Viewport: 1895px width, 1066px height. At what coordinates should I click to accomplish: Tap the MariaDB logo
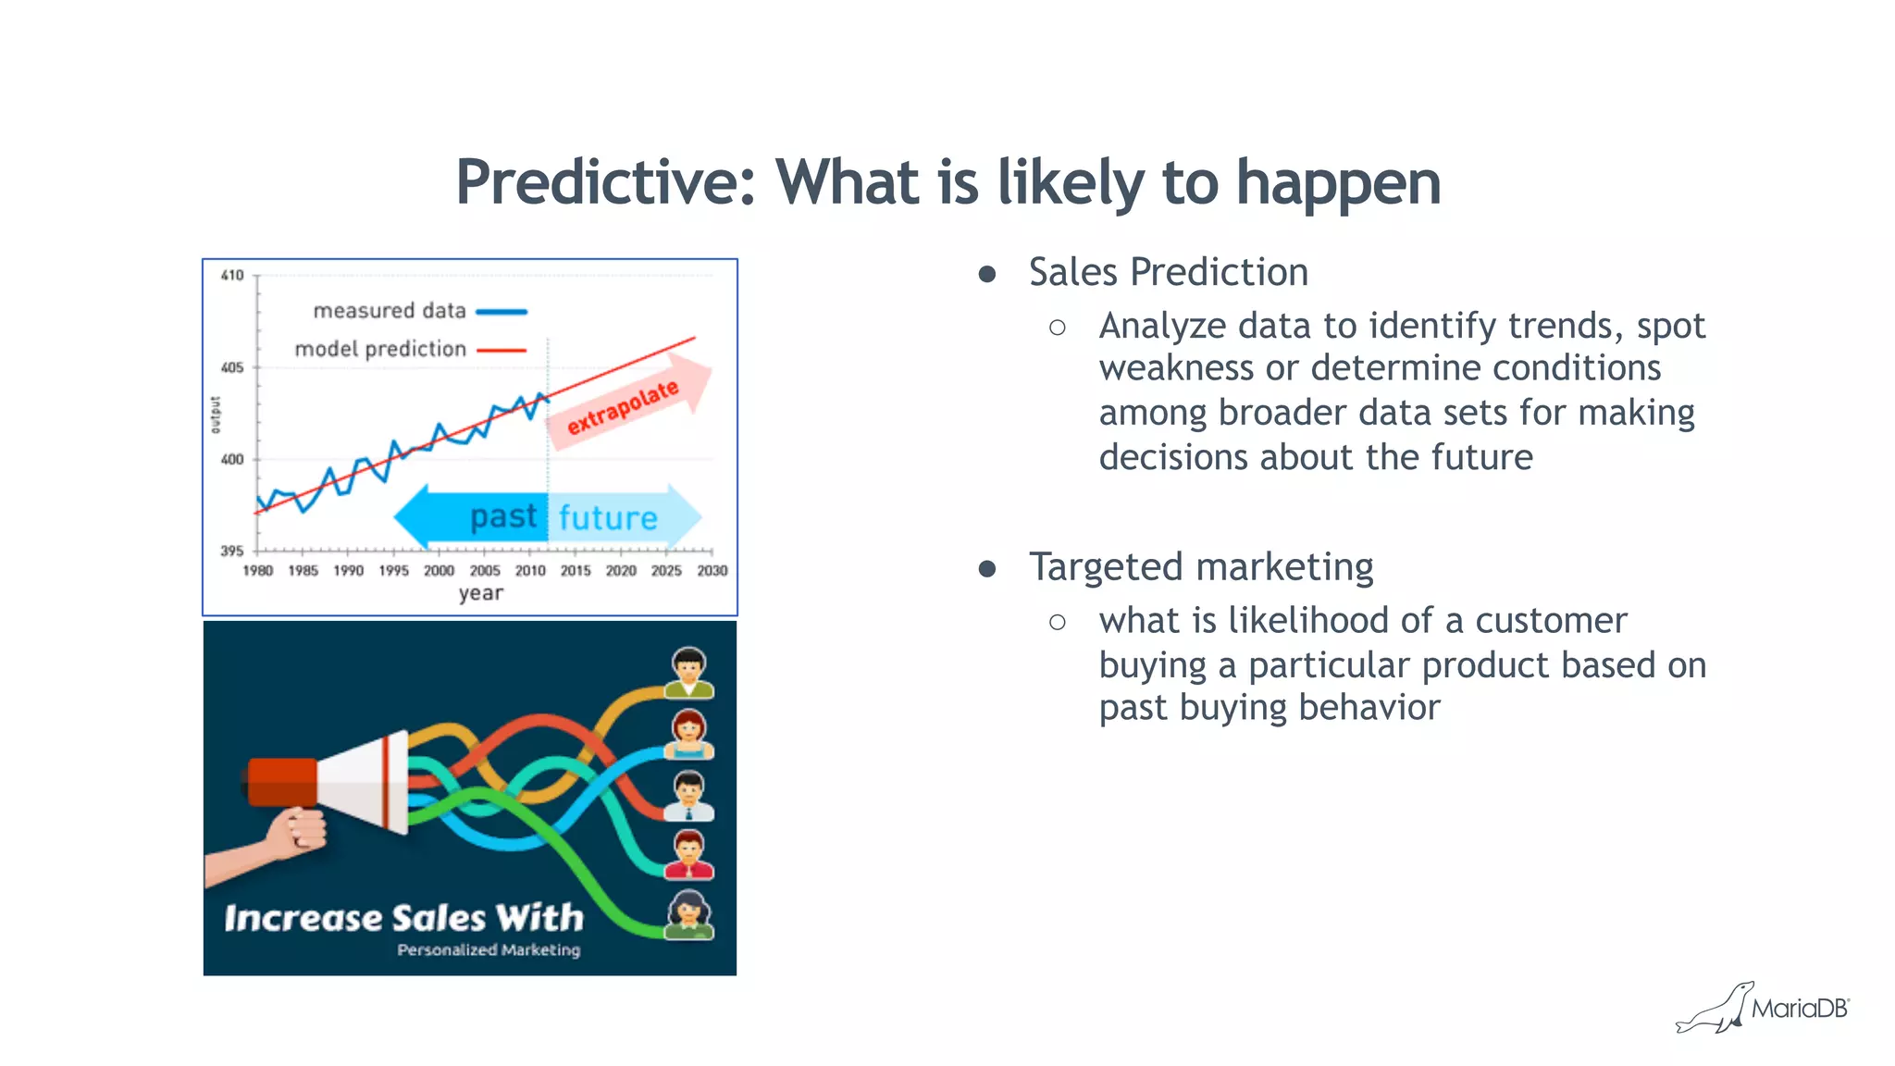[x=1764, y=1008]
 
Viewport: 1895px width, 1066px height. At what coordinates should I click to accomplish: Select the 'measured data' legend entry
[x=390, y=311]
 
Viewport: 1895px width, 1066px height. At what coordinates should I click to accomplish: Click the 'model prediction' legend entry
[x=380, y=349]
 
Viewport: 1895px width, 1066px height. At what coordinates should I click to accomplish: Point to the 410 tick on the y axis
[x=232, y=275]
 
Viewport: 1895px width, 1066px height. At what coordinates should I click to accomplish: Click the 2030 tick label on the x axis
[x=712, y=571]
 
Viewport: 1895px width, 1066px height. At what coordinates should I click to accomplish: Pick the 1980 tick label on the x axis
[x=257, y=571]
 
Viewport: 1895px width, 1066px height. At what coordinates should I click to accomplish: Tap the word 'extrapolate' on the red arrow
[x=623, y=407]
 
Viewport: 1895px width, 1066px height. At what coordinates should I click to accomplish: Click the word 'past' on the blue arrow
[x=502, y=516]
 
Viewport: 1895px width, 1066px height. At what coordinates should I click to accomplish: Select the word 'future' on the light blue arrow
[x=608, y=518]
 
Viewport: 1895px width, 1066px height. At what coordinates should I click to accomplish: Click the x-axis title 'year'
[x=480, y=593]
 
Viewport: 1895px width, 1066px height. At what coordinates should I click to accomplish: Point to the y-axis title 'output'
[x=216, y=415]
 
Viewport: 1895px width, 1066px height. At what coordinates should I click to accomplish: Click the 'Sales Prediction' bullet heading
[x=1168, y=272]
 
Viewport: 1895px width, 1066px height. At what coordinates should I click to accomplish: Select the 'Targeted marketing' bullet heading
[x=1200, y=566]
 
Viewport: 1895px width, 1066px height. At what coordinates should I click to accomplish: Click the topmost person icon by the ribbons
[x=689, y=672]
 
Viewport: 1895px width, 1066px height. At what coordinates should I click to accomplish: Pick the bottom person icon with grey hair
[x=689, y=915]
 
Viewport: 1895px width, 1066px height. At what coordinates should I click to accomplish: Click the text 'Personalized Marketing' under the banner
[x=489, y=950]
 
